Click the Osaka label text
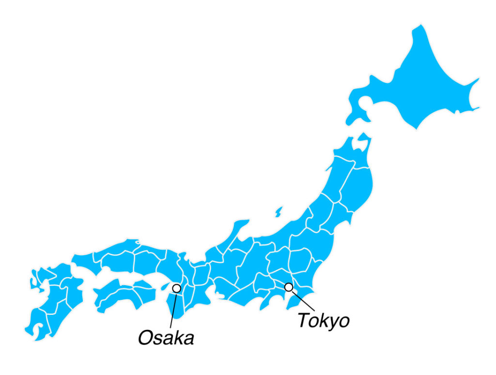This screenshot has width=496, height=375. coord(166,338)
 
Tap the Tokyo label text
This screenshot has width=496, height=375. coord(323,320)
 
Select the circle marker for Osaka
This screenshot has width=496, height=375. coord(176,288)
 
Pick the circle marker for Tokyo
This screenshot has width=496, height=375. coord(289,287)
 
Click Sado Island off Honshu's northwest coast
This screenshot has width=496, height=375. coord(279,212)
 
